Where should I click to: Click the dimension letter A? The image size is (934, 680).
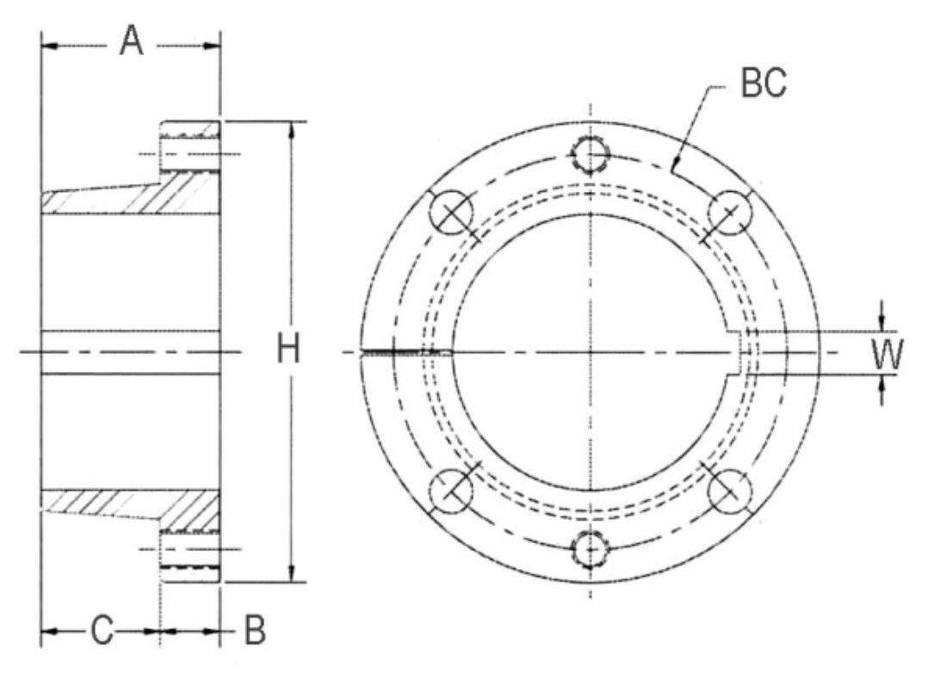[130, 41]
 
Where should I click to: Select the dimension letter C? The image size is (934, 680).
[102, 631]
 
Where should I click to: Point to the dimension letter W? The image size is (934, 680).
[886, 354]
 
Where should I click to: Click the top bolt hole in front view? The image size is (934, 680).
[591, 155]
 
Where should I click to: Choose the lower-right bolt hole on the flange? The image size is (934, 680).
[730, 491]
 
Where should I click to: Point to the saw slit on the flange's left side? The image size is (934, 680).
[405, 352]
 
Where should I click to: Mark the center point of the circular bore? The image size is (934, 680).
[591, 352]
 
